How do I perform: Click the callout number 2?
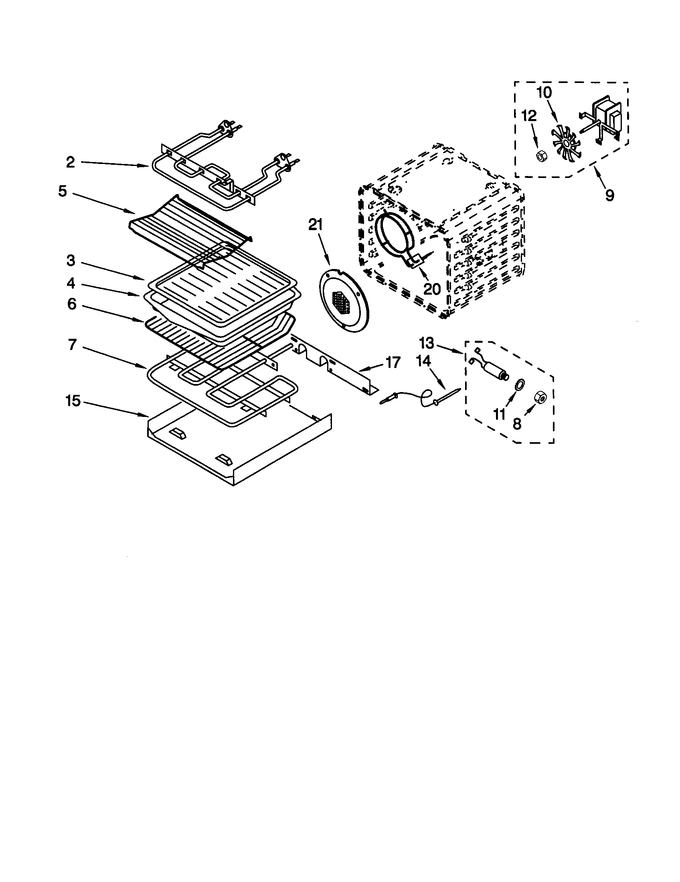click(70, 162)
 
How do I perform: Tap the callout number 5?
click(63, 191)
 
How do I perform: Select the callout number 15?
click(73, 401)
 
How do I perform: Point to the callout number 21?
click(316, 225)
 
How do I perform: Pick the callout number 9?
click(609, 195)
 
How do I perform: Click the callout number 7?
click(72, 345)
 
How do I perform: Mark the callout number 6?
click(71, 304)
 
